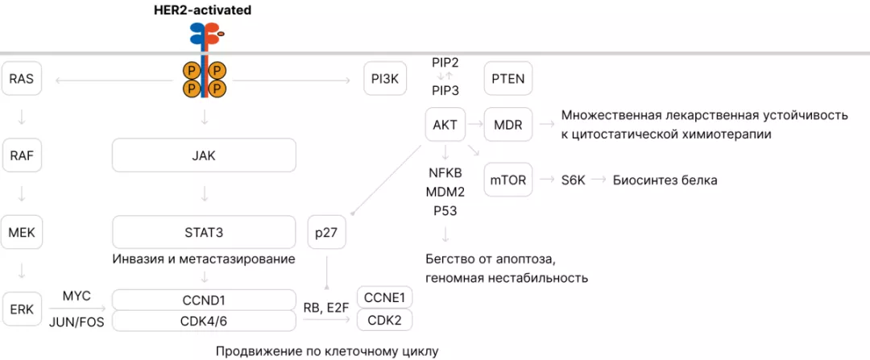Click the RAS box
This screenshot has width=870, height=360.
click(22, 79)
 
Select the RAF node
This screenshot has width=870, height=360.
click(22, 155)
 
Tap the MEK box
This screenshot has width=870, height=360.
click(22, 233)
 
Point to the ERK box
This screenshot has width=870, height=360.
click(22, 310)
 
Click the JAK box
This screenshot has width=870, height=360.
click(205, 155)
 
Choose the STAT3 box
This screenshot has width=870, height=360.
click(205, 233)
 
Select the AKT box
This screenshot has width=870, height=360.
click(445, 125)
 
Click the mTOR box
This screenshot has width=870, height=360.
click(508, 180)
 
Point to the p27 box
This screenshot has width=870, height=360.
click(327, 233)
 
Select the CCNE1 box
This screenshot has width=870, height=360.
click(384, 298)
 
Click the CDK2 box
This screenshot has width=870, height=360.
click(384, 320)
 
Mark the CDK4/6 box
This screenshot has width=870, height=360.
click(205, 321)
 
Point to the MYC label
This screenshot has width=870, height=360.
click(77, 296)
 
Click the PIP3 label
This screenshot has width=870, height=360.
click(445, 90)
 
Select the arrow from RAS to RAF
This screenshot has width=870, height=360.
click(22, 117)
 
